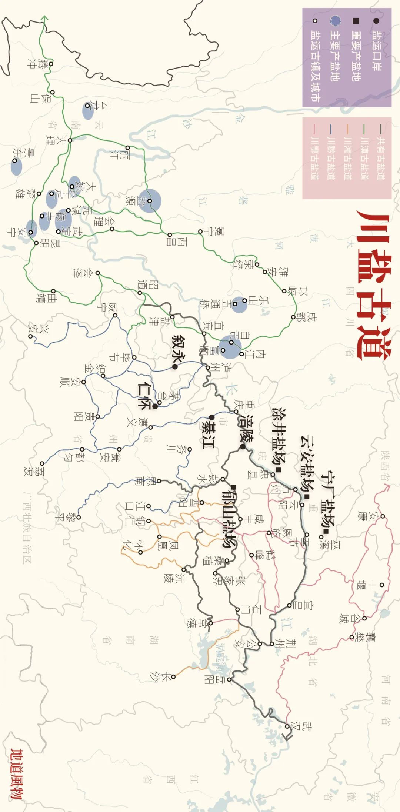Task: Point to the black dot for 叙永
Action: (x=174, y=367)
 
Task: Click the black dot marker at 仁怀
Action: (x=156, y=406)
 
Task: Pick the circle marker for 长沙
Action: (x=173, y=677)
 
